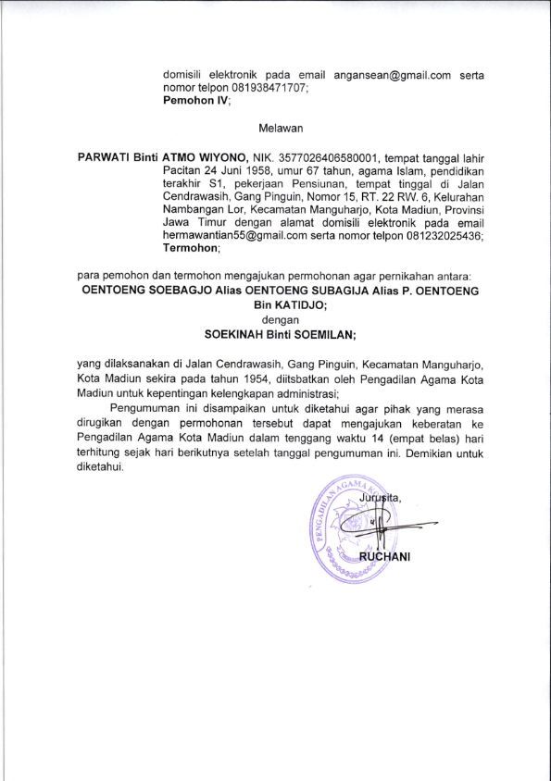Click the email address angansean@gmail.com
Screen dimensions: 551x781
(392, 75)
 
